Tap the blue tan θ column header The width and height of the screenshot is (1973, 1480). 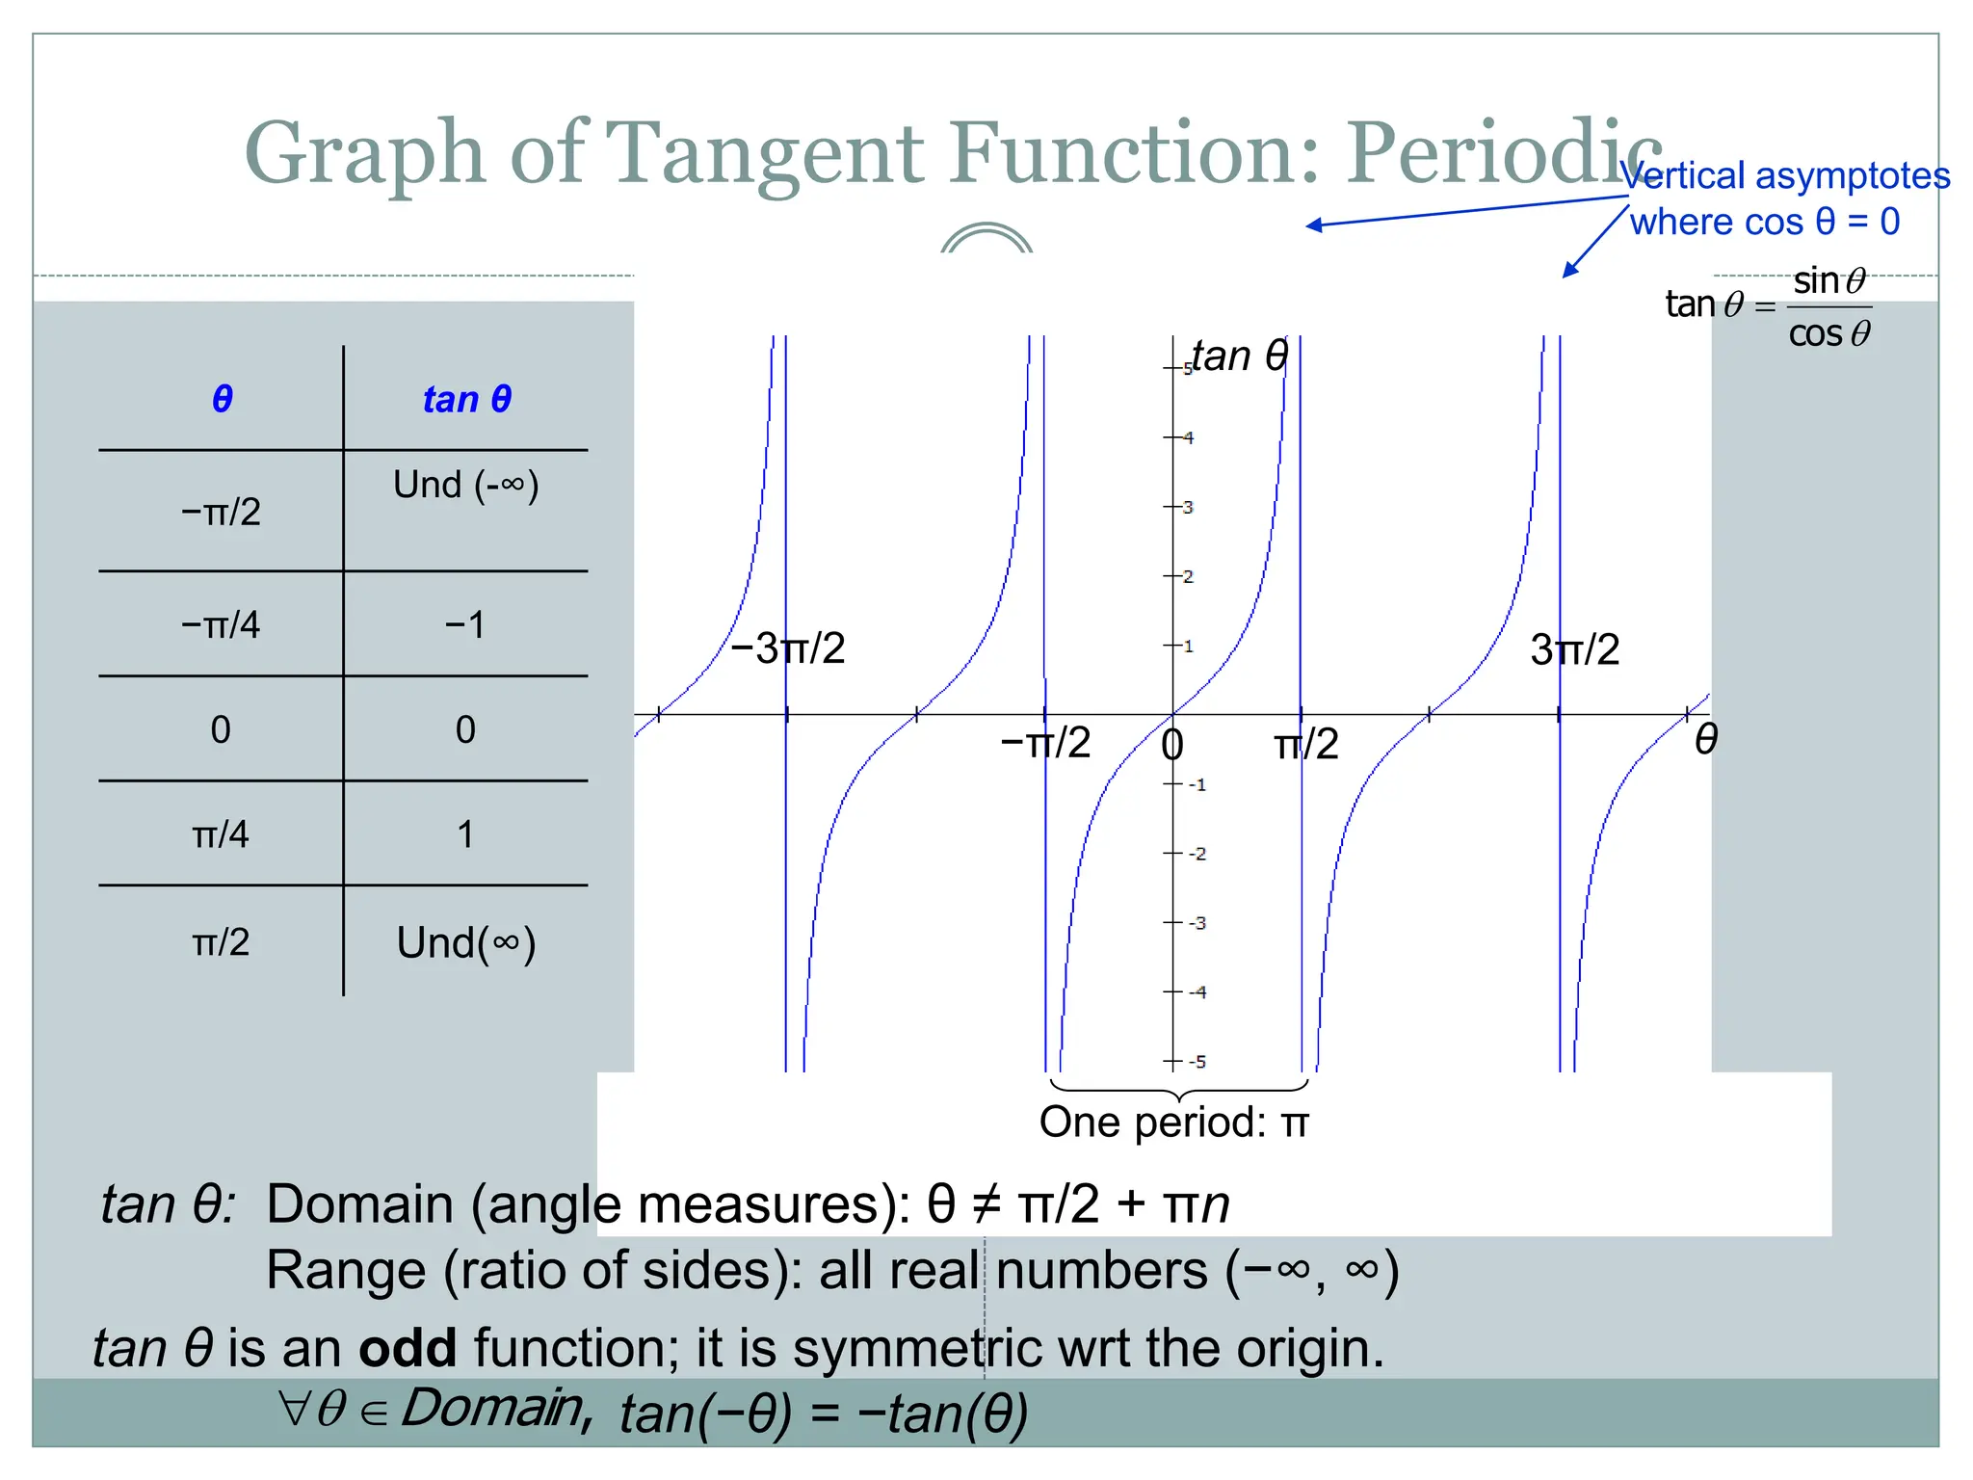[x=466, y=399]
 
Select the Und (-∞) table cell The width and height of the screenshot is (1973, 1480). [x=466, y=485]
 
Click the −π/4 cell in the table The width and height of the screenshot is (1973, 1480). [x=221, y=625]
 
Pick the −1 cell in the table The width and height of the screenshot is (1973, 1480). [x=465, y=625]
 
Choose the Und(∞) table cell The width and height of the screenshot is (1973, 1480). [x=466, y=943]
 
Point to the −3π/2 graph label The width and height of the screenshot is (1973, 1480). [x=787, y=648]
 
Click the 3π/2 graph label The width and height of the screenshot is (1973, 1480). [x=1574, y=650]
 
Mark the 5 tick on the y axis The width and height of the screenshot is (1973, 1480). [x=1188, y=369]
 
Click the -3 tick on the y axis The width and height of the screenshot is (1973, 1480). [x=1197, y=923]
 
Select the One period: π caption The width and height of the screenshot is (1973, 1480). [x=1173, y=1123]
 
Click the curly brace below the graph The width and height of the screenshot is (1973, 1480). [x=1178, y=1090]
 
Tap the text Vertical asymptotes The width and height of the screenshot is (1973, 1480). [x=1784, y=176]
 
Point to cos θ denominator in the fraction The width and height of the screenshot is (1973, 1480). [x=1828, y=334]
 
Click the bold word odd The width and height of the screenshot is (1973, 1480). [x=408, y=1348]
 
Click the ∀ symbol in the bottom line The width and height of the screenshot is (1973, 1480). [x=293, y=1409]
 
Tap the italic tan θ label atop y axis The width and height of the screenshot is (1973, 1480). [x=1239, y=357]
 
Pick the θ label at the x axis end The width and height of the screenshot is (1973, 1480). [x=1705, y=740]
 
